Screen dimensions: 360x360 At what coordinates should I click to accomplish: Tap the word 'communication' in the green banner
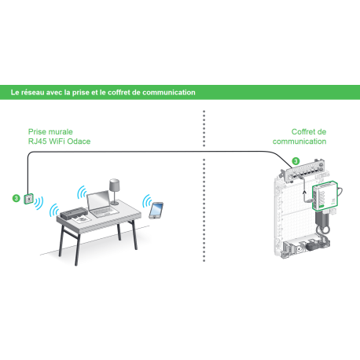[x=169, y=93]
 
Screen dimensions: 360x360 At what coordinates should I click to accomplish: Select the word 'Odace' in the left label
[x=79, y=141]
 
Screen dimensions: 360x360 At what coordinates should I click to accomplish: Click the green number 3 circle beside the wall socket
[x=17, y=198]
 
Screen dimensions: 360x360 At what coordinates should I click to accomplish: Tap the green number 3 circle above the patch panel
[x=296, y=161]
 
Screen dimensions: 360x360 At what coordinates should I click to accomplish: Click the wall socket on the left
[x=29, y=199]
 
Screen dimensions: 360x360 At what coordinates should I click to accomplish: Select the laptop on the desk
[x=102, y=204]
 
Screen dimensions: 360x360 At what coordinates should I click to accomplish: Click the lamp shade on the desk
[x=115, y=185]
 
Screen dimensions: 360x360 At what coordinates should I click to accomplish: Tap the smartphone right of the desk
[x=156, y=210]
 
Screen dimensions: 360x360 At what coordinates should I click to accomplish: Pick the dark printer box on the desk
[x=73, y=213]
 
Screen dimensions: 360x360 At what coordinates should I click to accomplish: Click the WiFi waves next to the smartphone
[x=146, y=201]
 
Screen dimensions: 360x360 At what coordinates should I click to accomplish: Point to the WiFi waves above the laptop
[x=81, y=193]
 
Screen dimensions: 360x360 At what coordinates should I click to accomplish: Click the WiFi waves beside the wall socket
[x=39, y=203]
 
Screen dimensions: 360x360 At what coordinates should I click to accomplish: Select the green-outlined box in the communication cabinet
[x=325, y=196]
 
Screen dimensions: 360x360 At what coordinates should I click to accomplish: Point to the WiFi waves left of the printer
[x=54, y=210]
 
